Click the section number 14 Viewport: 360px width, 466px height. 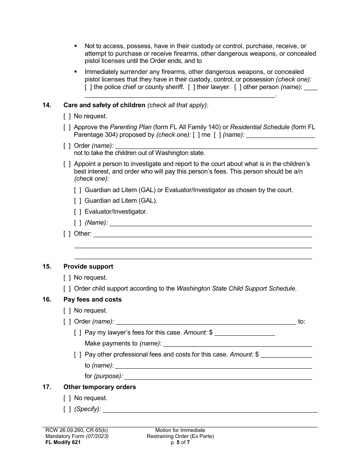pos(47,105)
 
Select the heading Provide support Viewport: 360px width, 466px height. pos(88,267)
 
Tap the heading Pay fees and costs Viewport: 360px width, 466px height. pos(92,300)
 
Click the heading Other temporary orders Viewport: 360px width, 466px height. pos(100,387)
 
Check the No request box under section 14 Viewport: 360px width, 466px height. pos(67,116)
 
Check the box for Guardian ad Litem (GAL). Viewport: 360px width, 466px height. pos(78,201)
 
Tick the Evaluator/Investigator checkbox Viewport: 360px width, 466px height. pos(78,212)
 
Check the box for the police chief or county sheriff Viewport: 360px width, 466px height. pos(88,87)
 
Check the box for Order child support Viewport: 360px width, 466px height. pos(67,289)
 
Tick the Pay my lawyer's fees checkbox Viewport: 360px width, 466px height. pos(78,333)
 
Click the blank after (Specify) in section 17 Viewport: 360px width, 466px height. pos(210,410)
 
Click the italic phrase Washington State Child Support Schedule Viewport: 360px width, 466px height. pos(236,289)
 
